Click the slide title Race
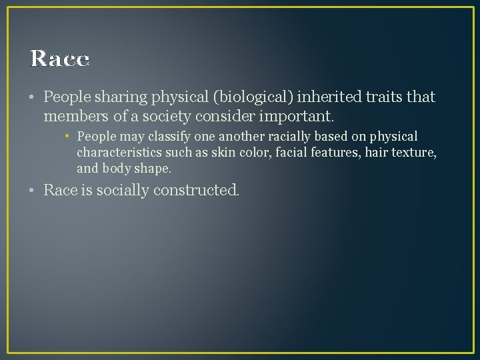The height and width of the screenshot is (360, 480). [x=59, y=59]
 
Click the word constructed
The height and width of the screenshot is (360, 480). [x=196, y=191]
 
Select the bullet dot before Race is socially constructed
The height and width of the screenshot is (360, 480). [x=33, y=191]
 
